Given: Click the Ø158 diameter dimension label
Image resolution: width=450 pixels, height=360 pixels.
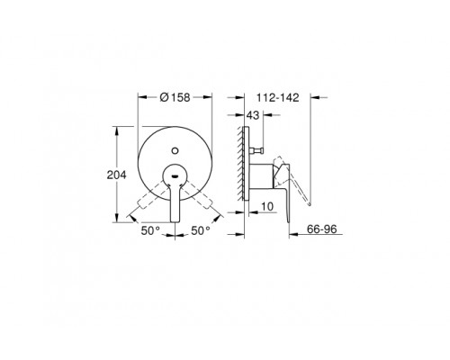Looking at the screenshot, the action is [x=175, y=97].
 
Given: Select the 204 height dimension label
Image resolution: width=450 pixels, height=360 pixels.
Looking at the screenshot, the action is [x=117, y=175].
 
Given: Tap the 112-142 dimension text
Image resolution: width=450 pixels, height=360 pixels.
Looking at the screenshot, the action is [x=278, y=97].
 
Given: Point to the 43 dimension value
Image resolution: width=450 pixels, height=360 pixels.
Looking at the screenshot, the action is [x=253, y=115].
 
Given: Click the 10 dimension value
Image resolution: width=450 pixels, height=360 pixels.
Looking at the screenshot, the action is [x=267, y=207].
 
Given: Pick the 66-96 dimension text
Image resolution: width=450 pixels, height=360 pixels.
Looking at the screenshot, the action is [x=322, y=229].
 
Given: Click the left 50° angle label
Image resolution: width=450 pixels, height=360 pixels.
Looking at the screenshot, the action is [x=150, y=230].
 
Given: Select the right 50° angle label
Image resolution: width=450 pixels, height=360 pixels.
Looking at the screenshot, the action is [x=201, y=230].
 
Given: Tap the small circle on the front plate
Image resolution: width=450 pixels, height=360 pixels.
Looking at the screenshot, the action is [x=175, y=150].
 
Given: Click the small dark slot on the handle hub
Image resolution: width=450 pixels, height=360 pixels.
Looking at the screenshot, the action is [x=175, y=176].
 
